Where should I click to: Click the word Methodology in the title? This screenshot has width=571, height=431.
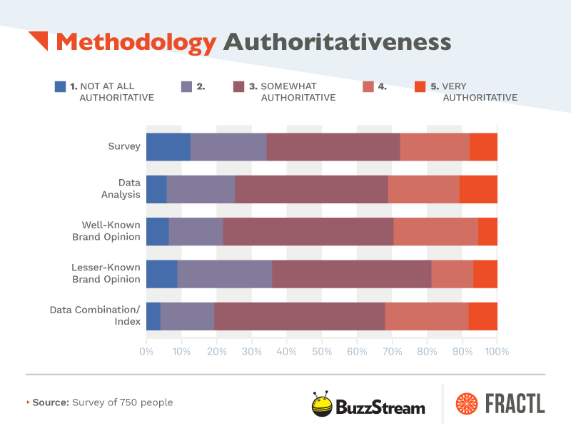click(x=136, y=42)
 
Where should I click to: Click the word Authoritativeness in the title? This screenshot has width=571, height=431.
click(x=337, y=42)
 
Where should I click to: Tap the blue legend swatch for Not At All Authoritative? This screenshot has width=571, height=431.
click(x=61, y=86)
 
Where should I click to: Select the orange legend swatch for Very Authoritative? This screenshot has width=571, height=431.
click(x=420, y=86)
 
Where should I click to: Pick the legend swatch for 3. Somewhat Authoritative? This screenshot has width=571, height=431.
click(x=239, y=86)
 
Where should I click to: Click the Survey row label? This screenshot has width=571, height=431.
click(x=124, y=146)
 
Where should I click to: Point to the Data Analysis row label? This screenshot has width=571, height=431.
click(x=129, y=188)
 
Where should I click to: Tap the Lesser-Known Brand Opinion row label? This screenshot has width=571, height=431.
click(x=106, y=273)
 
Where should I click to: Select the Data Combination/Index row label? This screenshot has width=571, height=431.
click(x=95, y=315)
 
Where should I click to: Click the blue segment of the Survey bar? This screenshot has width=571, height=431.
click(x=168, y=146)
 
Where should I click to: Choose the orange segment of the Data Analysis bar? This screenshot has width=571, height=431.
click(x=478, y=188)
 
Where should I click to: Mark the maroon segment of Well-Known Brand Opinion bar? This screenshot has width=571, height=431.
click(x=308, y=231)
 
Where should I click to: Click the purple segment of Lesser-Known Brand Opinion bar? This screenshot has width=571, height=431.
click(x=224, y=273)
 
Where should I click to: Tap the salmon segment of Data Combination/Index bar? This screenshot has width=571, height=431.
click(x=426, y=315)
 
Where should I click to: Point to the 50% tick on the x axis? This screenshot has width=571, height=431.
click(x=322, y=351)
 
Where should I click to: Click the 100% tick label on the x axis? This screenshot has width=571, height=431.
click(x=497, y=351)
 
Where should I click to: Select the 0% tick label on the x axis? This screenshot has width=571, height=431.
click(x=146, y=351)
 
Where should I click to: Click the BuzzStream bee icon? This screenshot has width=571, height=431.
click(x=322, y=404)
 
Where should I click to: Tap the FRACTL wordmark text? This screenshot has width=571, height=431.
click(x=512, y=404)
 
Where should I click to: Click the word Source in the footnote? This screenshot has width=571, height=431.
click(x=51, y=402)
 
